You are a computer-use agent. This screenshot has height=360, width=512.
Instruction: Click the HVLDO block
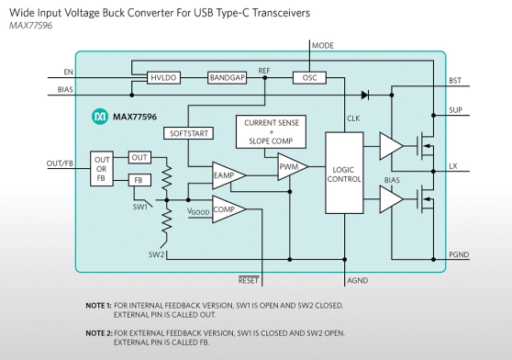(163, 78)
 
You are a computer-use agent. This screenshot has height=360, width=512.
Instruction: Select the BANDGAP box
(227, 78)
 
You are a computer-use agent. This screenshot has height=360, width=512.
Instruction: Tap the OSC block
(309, 78)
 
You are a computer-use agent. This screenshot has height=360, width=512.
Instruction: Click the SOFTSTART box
(189, 133)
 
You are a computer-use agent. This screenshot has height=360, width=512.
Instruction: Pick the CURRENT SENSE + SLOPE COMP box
(271, 131)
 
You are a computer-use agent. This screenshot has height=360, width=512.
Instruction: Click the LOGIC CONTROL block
(344, 174)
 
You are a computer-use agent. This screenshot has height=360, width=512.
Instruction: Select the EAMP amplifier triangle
(228, 175)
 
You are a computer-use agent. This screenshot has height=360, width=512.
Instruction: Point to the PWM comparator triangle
(293, 166)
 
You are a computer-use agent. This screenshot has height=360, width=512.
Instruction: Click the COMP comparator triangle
(228, 209)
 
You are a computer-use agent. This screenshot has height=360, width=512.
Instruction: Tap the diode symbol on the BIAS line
(365, 96)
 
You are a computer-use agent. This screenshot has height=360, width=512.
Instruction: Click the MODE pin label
(323, 46)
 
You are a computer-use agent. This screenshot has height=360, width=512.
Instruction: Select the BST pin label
(455, 81)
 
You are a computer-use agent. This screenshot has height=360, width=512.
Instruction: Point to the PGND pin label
(459, 254)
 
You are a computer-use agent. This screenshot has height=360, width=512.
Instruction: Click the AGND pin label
(358, 281)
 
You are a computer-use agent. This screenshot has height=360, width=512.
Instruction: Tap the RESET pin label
(249, 280)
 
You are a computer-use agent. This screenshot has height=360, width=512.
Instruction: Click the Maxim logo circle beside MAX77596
(100, 117)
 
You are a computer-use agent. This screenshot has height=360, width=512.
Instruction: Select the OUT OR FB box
(102, 169)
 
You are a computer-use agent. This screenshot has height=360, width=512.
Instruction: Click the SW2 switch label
(156, 254)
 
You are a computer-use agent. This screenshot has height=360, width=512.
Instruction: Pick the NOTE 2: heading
(99, 333)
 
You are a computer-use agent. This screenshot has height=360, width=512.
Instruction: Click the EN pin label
(68, 73)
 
